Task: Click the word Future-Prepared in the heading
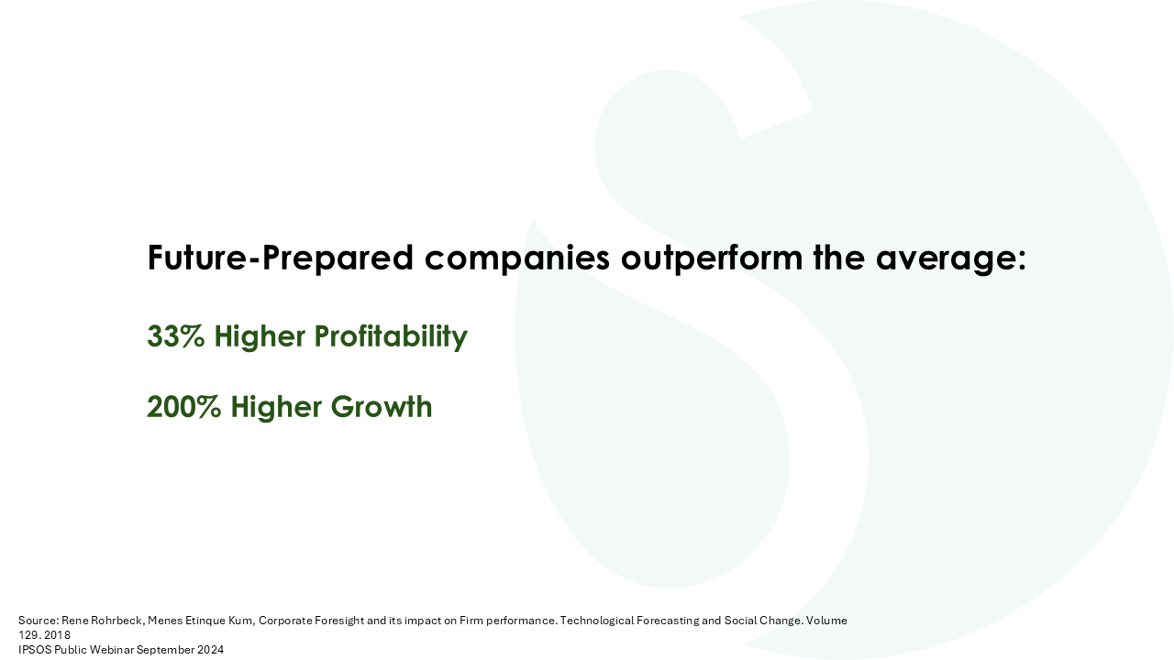[x=281, y=258]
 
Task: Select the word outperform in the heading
[x=712, y=258]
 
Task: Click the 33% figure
[x=175, y=336]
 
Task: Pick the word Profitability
[x=391, y=336]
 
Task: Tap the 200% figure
[x=184, y=407]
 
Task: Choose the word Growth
[x=382, y=407]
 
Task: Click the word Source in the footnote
[x=39, y=621]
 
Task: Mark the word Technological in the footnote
[x=596, y=621]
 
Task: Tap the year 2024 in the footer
[x=210, y=650]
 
